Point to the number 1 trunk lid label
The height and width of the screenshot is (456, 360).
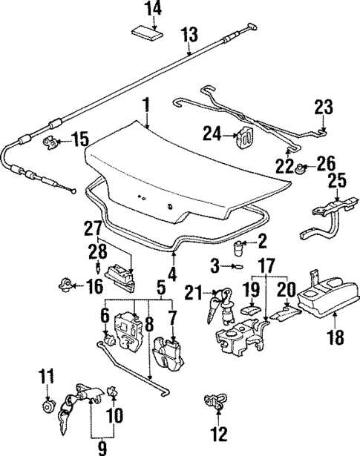(146, 106)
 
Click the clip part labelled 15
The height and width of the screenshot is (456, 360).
(53, 140)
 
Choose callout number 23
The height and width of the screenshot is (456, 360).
(324, 109)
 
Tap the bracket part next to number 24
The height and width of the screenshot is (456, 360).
(242, 137)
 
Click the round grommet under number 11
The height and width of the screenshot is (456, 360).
(48, 407)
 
